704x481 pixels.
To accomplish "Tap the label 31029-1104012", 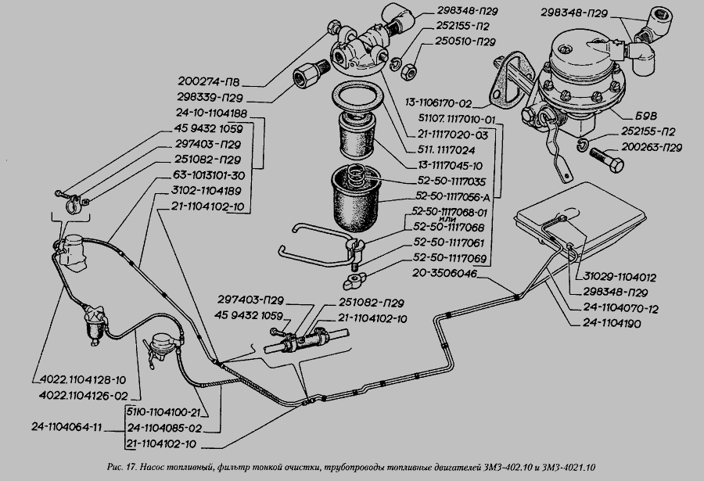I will coord(618,277).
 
